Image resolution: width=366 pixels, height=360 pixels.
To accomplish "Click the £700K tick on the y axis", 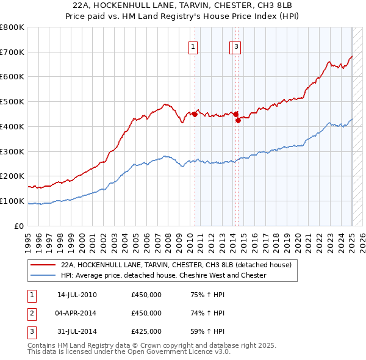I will click(12, 52).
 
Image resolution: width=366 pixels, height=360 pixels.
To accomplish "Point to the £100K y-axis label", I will click(12, 201).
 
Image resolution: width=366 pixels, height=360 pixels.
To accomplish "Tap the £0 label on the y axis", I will click(19, 226).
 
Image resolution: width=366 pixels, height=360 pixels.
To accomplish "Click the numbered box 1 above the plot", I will click(193, 46).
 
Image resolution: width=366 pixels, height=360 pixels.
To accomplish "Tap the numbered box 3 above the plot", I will click(236, 46).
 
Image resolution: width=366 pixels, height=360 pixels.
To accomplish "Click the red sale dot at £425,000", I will click(239, 120).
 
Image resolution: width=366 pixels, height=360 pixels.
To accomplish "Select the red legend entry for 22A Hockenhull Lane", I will click(176, 265).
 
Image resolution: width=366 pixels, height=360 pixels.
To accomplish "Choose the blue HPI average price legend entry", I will click(163, 276).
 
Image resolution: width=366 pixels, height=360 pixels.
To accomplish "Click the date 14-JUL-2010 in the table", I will click(77, 295).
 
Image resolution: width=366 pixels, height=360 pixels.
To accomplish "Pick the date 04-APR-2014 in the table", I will click(77, 313).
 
